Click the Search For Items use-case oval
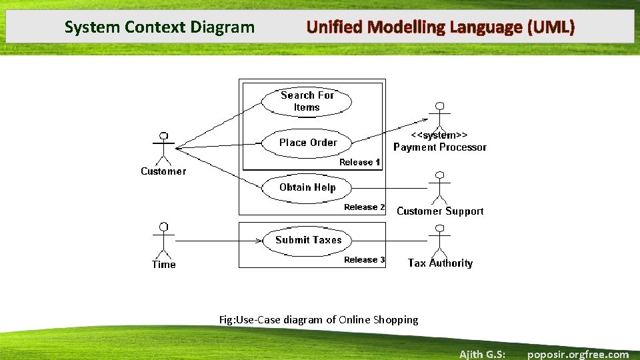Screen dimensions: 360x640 pyautogui.click(x=307, y=101)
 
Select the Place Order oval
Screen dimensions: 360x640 pyautogui.click(x=307, y=142)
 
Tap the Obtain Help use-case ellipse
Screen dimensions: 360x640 pyautogui.click(x=307, y=187)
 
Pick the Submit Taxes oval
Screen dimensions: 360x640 pyautogui.click(x=308, y=240)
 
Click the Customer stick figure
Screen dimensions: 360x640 pyautogui.click(x=163, y=148)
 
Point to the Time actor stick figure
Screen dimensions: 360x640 pyautogui.click(x=163, y=240)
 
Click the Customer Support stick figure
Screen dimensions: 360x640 pyautogui.click(x=438, y=188)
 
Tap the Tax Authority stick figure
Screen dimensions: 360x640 pyautogui.click(x=438, y=240)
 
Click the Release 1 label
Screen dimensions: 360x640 pyautogui.click(x=359, y=162)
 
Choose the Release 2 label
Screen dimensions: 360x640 pyautogui.click(x=364, y=207)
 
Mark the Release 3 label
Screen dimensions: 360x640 pyautogui.click(x=364, y=260)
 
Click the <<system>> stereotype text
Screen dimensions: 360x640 pyautogui.click(x=439, y=135)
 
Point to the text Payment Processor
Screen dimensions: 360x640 pyautogui.click(x=440, y=147)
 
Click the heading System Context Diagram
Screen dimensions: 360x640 pyautogui.click(x=159, y=27)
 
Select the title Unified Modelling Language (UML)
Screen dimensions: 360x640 pyautogui.click(x=440, y=27)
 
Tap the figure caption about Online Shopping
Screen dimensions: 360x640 pyautogui.click(x=319, y=319)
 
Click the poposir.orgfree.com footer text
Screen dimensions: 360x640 pyautogui.click(x=577, y=354)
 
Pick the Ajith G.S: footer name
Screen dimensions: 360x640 pyautogui.click(x=482, y=354)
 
